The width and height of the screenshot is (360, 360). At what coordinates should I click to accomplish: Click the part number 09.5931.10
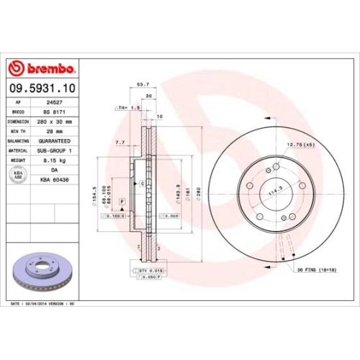(x=40, y=88)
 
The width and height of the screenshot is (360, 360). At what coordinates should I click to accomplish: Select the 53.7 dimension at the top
(x=143, y=84)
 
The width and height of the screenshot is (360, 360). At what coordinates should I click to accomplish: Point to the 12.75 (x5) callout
(x=301, y=145)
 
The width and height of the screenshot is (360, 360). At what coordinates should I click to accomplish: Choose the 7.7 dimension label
(x=120, y=143)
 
